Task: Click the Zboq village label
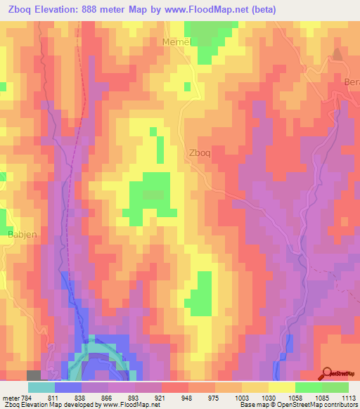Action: [x=200, y=151]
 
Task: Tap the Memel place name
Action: [x=176, y=42]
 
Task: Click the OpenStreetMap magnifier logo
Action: [x=328, y=372]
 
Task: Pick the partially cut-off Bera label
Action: [x=352, y=82]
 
